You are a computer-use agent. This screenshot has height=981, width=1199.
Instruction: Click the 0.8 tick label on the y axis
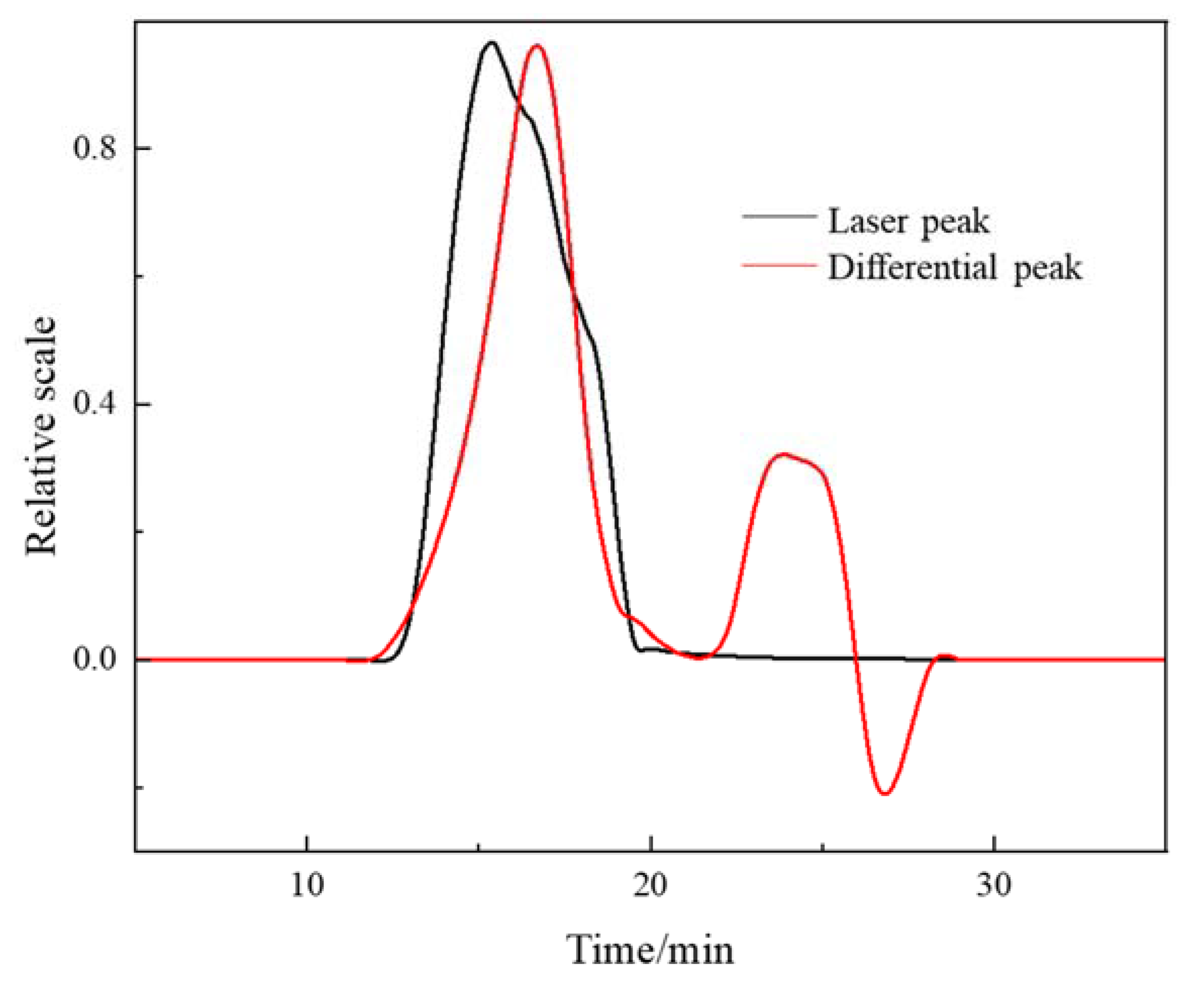(94, 149)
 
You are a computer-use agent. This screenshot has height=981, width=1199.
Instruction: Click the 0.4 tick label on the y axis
(94, 405)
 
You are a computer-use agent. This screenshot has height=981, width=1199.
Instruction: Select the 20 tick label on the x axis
(651, 885)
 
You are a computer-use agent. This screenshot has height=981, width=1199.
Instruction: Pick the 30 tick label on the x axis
(995, 885)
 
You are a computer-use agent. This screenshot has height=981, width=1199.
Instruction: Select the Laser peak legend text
(909, 222)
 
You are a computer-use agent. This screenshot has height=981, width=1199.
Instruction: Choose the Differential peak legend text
(955, 268)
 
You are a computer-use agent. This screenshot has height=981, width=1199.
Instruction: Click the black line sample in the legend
(779, 217)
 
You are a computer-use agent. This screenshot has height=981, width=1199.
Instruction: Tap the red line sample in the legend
(779, 264)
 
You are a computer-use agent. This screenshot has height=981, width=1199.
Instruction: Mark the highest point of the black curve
(491, 42)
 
